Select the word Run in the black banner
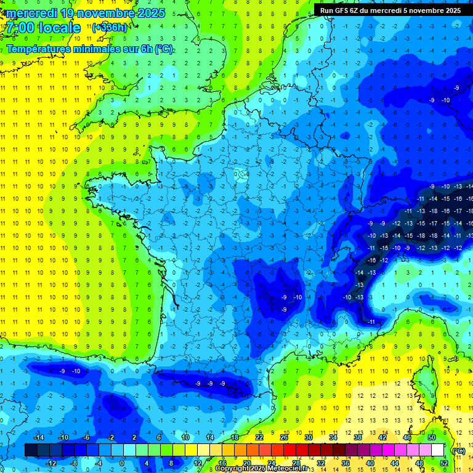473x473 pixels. tap(326, 10)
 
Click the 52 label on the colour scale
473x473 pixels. tap(445, 463)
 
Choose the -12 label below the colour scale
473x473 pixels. tap(51, 463)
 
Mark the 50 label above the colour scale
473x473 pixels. tap(432, 437)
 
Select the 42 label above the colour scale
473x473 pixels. tap(382, 437)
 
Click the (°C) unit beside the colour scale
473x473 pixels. tap(459, 450)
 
